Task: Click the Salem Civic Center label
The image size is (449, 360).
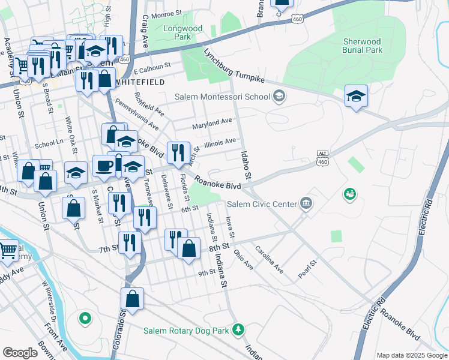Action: [x=262, y=204]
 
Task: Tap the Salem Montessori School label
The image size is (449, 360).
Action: [x=222, y=97]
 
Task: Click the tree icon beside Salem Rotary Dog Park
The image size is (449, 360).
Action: [x=239, y=329]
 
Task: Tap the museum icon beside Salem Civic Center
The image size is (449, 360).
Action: [x=307, y=203]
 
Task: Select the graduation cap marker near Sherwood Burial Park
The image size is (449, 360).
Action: [x=356, y=96]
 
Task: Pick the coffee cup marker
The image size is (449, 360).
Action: [x=104, y=166]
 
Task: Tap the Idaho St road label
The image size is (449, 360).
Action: [x=245, y=163]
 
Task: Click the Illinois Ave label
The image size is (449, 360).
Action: [x=220, y=142]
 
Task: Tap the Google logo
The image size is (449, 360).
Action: [x=20, y=353]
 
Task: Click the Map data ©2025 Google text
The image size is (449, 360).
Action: [x=411, y=355]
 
